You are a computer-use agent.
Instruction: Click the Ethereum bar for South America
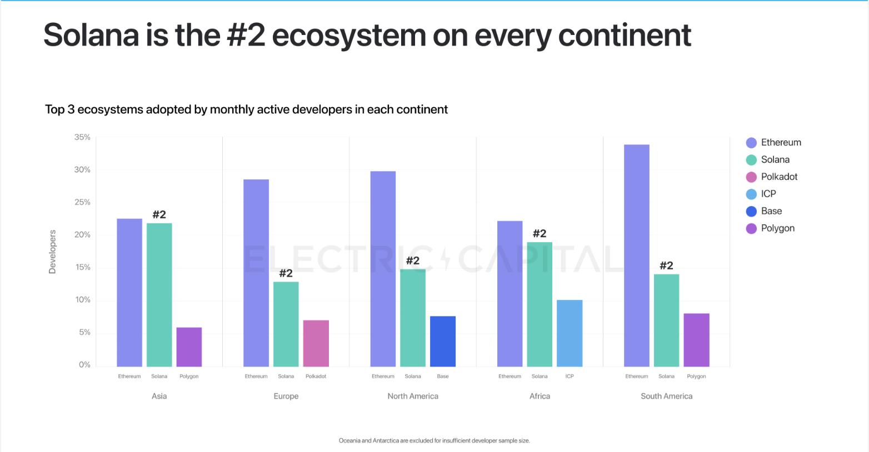[x=636, y=255]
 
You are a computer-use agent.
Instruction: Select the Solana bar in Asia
[x=159, y=295]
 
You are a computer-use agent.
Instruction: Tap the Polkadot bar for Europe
[x=316, y=343]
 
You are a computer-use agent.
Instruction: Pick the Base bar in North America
[x=442, y=341]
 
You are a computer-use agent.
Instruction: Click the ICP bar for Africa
[x=570, y=333]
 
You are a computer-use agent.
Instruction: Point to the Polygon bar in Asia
[x=189, y=347]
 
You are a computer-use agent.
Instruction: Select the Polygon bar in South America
[x=696, y=340]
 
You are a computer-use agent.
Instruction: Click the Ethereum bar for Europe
[x=256, y=273]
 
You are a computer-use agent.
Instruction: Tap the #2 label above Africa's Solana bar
[x=540, y=234]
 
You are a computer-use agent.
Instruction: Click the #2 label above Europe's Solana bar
[x=286, y=273]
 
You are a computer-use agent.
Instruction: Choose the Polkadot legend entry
[x=779, y=177]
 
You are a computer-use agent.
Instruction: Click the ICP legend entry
[x=768, y=194]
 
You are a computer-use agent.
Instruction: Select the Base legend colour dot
[x=751, y=211]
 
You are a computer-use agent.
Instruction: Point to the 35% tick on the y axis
[x=82, y=137]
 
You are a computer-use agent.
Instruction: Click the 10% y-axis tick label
[x=82, y=300]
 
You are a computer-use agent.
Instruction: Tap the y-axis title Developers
[x=52, y=252]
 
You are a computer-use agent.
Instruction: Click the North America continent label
[x=413, y=396]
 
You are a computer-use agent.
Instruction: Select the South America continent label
[x=666, y=396]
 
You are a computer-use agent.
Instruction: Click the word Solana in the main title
[x=91, y=35]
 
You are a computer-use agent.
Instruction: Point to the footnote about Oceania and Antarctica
[x=434, y=440]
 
